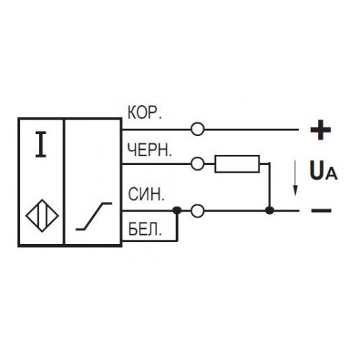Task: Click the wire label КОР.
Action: click(x=145, y=112)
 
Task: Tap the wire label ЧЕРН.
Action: click(x=150, y=150)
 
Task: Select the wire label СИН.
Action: click(x=146, y=194)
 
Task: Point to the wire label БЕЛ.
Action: click(x=145, y=229)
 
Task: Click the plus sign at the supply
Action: click(x=320, y=130)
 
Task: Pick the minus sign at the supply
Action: click(x=321, y=211)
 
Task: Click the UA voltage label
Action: click(x=323, y=171)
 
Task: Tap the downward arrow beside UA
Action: click(x=295, y=179)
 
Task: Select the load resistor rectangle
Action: click(x=237, y=163)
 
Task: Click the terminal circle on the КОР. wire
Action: click(x=197, y=130)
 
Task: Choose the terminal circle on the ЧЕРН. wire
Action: click(x=197, y=163)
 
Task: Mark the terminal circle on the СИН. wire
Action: click(x=197, y=211)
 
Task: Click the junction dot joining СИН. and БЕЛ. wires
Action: click(x=177, y=211)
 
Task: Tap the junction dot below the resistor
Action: click(x=269, y=211)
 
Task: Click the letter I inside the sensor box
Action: click(x=41, y=145)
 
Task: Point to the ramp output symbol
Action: click(x=94, y=216)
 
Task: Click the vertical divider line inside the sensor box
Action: click(x=64, y=182)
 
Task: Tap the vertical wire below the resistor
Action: click(x=269, y=185)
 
